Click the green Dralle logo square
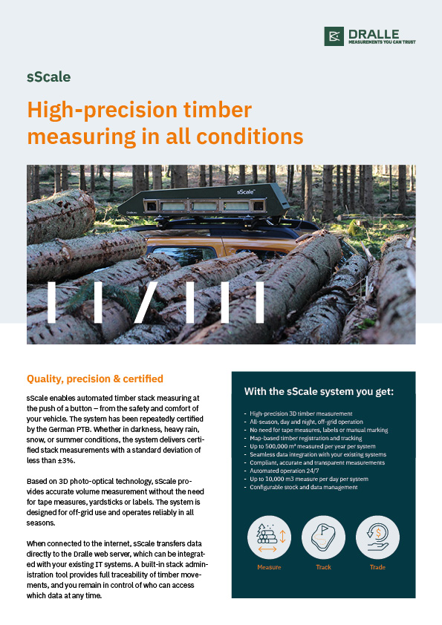(334, 36)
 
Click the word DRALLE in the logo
(374, 34)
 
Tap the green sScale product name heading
(49, 76)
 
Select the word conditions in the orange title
(250, 137)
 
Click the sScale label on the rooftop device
(246, 192)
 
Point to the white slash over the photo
(146, 302)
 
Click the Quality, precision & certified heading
(95, 379)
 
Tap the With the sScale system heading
(319, 391)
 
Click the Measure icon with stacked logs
(269, 537)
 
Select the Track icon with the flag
(323, 537)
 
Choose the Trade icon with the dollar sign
(377, 537)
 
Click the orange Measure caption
(269, 567)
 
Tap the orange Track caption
(324, 567)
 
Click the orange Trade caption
(377, 567)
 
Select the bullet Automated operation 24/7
(284, 471)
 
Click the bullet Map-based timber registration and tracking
(305, 438)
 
